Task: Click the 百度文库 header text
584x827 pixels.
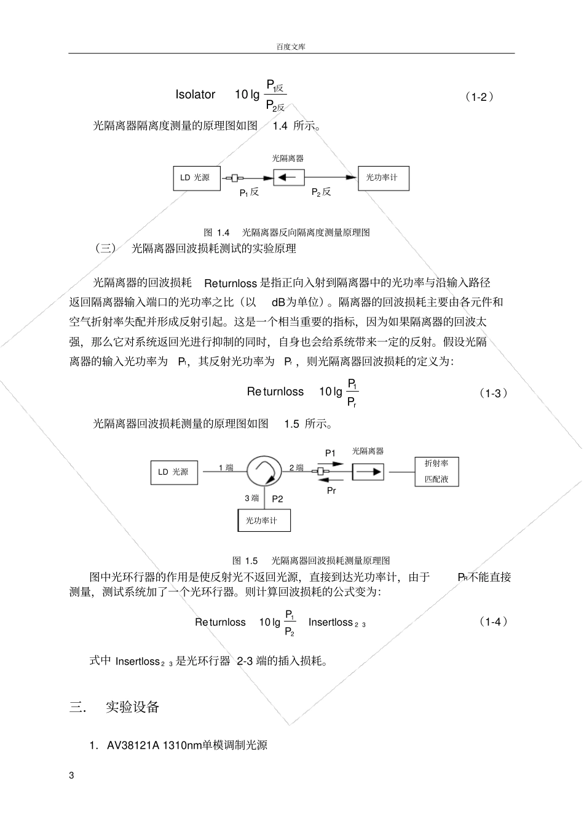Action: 291,47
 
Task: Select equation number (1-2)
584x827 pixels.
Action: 479,97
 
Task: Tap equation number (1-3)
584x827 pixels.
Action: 493,394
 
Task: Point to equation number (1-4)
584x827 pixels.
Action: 493,622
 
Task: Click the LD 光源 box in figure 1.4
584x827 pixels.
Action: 195,178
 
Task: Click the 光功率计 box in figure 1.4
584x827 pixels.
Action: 382,178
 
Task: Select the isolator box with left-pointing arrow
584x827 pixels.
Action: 288,178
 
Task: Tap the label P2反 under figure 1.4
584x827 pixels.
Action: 321,192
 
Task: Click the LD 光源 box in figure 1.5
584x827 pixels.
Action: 175,472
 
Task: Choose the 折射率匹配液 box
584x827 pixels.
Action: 436,472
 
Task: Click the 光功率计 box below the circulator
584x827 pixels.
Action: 264,520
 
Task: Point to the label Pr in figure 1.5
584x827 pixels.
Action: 331,491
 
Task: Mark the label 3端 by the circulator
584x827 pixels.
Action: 252,499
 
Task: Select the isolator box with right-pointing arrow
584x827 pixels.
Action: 368,472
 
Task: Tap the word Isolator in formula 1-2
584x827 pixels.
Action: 195,95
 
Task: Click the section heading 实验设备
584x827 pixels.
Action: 133,707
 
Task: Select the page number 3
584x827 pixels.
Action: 71,775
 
